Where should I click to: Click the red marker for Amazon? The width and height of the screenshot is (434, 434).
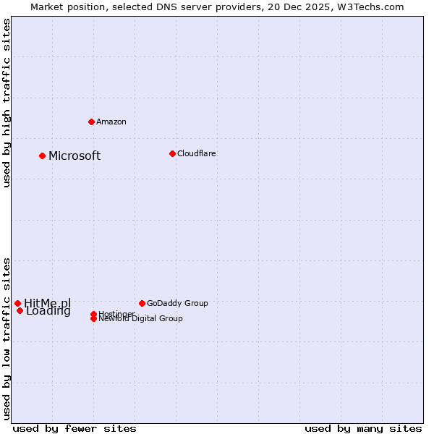[x=91, y=122]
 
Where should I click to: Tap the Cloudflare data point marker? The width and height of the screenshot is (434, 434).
[x=172, y=153]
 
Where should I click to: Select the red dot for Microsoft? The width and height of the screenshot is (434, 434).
[x=42, y=156]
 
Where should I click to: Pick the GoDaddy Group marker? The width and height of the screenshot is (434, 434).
[x=142, y=303]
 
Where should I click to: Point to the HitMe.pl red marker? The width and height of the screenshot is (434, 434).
[x=17, y=303]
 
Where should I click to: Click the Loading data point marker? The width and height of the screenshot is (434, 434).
[x=20, y=311]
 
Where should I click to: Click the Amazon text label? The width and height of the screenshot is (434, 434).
[x=111, y=122]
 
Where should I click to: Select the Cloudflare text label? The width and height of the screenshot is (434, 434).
[x=196, y=153]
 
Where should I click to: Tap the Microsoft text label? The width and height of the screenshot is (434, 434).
[x=75, y=156]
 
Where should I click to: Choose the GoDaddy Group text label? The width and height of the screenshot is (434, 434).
[x=176, y=303]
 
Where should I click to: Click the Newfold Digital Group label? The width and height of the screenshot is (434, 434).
[x=140, y=319]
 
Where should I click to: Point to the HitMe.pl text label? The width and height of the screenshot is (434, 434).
[x=47, y=303]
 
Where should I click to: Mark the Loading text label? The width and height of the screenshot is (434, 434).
[x=48, y=312]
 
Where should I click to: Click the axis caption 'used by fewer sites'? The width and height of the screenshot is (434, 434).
[x=75, y=428]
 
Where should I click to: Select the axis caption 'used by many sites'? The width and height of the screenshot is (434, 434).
[x=363, y=428]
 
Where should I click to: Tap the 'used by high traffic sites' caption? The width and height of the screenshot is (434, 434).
[x=7, y=103]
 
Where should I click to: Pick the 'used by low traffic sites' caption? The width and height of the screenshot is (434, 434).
[x=7, y=339]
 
